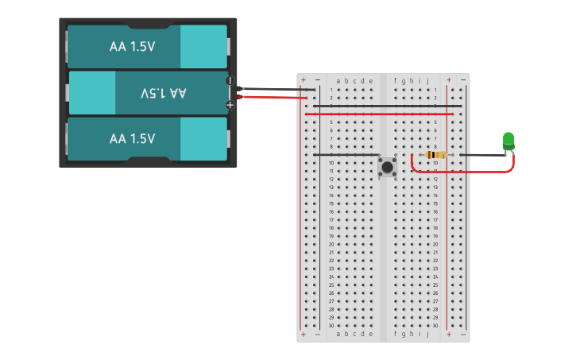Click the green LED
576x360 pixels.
(508, 141)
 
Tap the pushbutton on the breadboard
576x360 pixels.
(387, 166)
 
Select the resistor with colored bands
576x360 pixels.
(435, 155)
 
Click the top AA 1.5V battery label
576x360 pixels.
(132, 47)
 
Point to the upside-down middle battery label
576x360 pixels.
(163, 93)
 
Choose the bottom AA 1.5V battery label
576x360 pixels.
(132, 139)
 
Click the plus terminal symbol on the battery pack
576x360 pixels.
(230, 104)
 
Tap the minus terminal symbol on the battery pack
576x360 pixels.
(230, 81)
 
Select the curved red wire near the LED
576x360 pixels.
(461, 171)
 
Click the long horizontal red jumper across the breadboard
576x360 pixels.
(379, 114)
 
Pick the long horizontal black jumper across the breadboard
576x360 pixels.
(387, 106)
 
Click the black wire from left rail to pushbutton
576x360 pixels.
(346, 155)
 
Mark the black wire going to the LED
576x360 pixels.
(481, 155)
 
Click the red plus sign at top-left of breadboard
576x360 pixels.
(303, 80)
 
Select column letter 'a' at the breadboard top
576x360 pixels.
(338, 80)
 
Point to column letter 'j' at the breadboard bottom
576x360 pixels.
(427, 335)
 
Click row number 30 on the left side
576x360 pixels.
(331, 326)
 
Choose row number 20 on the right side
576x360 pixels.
(435, 244)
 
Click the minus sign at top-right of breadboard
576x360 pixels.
(462, 80)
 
